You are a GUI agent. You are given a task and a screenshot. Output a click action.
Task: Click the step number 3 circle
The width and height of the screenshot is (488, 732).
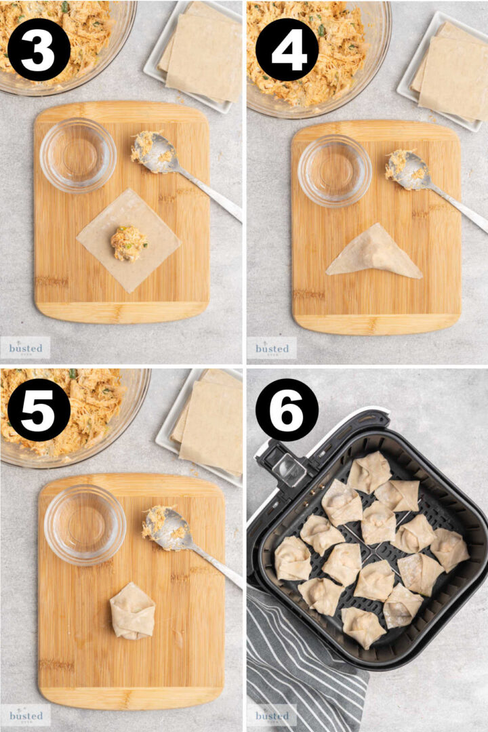tap(39, 49)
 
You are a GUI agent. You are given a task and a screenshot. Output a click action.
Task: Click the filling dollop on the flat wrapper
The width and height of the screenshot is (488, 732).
tap(128, 243)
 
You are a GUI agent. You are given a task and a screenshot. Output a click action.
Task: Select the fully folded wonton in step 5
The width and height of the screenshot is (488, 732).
tap(132, 611)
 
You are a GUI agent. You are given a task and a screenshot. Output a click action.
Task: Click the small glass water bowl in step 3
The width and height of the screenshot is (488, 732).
tap(77, 155)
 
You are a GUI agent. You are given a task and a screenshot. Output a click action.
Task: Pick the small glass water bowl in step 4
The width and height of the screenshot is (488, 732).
tap(334, 170)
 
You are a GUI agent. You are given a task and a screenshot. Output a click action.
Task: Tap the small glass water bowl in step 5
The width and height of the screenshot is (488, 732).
tap(85, 524)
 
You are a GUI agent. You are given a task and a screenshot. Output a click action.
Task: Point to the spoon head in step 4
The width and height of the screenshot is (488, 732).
tap(407, 169)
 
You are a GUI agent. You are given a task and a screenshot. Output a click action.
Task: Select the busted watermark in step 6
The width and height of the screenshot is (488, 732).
tap(272, 715)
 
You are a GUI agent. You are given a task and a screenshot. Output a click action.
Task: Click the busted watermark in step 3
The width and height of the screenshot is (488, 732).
tap(25, 348)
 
